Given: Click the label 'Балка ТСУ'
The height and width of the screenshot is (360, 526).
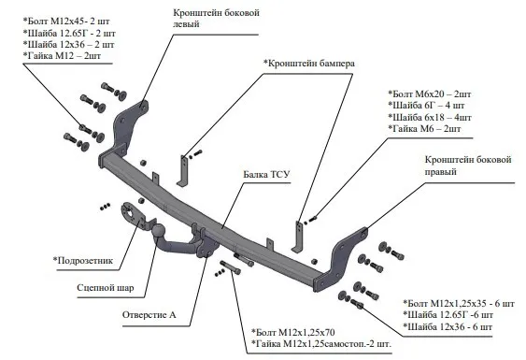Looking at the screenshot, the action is [x=266, y=175].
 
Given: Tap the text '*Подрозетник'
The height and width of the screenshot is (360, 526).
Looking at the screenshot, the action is [x=83, y=260].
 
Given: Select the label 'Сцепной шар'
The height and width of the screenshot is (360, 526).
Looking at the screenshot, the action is [x=106, y=288].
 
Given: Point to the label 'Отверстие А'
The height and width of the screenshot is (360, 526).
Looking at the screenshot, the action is [x=149, y=315].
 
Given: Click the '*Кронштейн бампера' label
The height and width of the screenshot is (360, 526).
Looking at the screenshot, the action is [x=309, y=64].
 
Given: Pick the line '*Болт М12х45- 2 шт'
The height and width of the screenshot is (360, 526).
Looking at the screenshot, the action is [x=66, y=22].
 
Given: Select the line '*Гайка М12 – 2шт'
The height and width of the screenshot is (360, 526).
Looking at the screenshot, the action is [x=62, y=56].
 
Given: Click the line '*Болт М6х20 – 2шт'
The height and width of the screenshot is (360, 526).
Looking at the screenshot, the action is [x=430, y=94].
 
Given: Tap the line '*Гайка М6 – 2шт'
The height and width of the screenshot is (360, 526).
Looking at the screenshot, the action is [x=424, y=129].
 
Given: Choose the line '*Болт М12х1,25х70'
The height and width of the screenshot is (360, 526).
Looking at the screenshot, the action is [x=293, y=333].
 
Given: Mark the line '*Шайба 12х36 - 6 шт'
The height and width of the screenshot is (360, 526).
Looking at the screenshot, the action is [x=448, y=326].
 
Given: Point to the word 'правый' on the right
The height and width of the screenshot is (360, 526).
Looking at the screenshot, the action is [x=440, y=172].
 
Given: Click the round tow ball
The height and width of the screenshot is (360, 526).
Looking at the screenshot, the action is [x=159, y=231].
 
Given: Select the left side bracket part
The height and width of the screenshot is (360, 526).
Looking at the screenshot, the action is [x=126, y=129].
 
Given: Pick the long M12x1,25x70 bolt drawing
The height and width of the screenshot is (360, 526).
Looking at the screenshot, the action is [x=230, y=266].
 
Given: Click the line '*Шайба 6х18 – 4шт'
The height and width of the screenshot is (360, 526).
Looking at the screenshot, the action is [x=430, y=117].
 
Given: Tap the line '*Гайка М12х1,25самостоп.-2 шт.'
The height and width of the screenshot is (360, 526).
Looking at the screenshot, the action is [x=321, y=344].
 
